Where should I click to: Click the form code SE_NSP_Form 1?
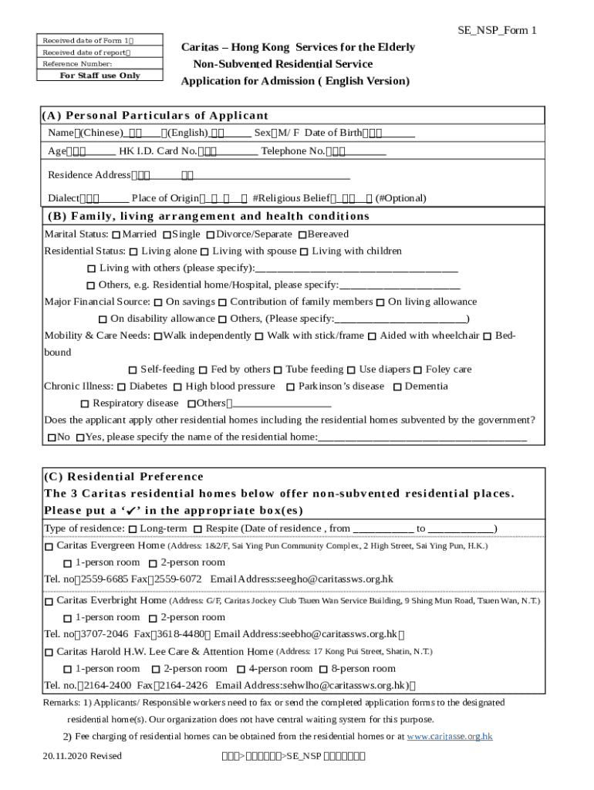click(x=498, y=30)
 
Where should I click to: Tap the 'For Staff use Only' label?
click(x=100, y=76)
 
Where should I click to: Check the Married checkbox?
click(x=116, y=235)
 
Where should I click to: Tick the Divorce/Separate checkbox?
click(x=211, y=235)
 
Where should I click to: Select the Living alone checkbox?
click(x=134, y=252)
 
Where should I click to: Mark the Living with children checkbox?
click(x=305, y=252)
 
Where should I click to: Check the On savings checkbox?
click(x=158, y=302)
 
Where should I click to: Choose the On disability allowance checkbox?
click(x=103, y=319)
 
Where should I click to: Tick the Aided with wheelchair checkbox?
click(x=373, y=336)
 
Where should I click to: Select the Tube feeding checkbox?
click(x=278, y=370)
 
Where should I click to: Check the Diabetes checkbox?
click(x=122, y=387)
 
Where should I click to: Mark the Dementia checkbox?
click(x=397, y=387)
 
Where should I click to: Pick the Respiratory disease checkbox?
click(x=85, y=404)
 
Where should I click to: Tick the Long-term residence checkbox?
click(x=133, y=529)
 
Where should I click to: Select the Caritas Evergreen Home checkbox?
click(x=49, y=546)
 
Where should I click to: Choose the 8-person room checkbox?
click(x=324, y=670)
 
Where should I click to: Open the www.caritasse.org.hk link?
click(x=449, y=737)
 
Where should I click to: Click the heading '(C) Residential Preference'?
click(x=123, y=477)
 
